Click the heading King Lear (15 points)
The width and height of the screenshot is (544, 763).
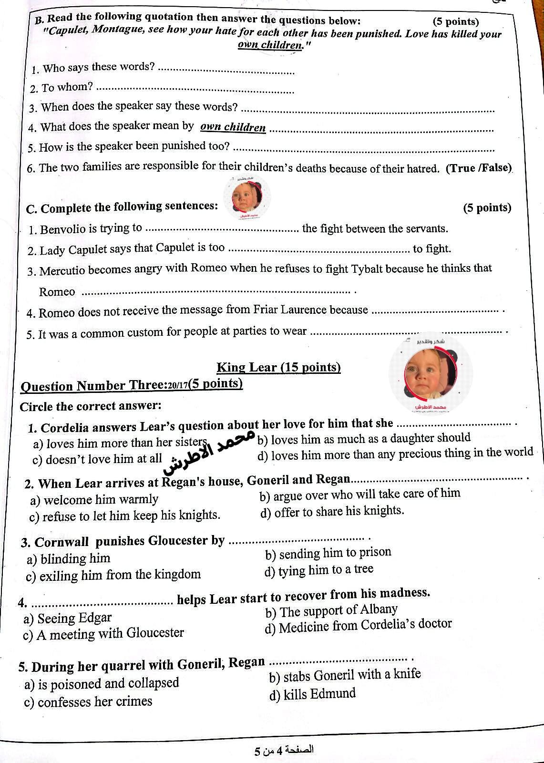pos(278,368)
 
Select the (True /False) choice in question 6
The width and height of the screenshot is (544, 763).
pos(478,168)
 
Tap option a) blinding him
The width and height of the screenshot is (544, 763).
pos(69,558)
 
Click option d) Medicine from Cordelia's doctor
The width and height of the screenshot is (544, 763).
pos(358,626)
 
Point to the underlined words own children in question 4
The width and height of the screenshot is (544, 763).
pos(233,127)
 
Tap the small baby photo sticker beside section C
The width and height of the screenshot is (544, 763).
pos(247,196)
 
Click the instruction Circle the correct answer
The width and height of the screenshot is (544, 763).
pos(91,406)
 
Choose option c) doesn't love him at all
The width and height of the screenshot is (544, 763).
pos(97,459)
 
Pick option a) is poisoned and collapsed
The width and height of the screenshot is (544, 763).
pos(102,684)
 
